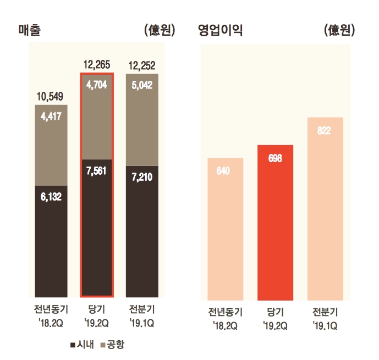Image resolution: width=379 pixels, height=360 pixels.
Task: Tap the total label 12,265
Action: tap(96, 65)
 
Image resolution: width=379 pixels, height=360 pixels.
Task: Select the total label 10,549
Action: tap(51, 97)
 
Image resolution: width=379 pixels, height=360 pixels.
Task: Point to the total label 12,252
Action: tap(142, 65)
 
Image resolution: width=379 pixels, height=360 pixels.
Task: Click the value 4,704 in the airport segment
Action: tap(96, 85)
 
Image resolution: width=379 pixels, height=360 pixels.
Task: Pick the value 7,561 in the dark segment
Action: tap(96, 170)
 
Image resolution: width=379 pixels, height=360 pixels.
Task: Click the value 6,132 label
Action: tap(51, 196)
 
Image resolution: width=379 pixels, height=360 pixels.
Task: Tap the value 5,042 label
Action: tap(142, 85)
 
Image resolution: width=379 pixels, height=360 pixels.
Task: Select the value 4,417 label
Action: tap(51, 117)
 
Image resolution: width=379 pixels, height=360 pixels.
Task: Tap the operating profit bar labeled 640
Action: tap(225, 231)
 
